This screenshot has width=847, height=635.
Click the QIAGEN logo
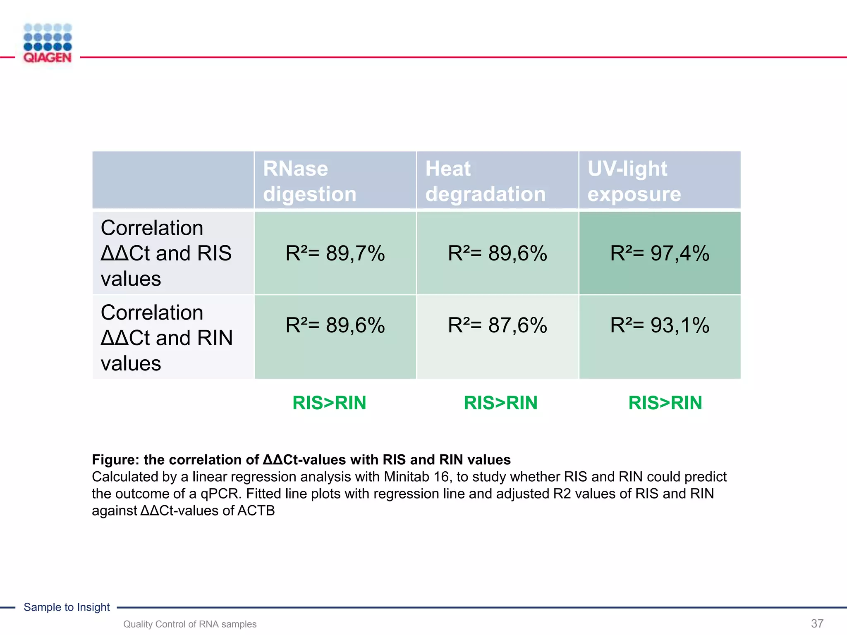click(48, 43)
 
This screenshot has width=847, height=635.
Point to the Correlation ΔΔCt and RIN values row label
click(166, 337)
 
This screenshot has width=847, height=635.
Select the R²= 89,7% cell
click(335, 253)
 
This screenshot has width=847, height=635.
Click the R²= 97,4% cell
click(660, 253)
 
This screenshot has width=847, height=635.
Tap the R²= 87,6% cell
click(498, 325)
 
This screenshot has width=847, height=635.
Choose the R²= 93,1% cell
click(660, 325)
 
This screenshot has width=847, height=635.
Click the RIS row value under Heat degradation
click(498, 253)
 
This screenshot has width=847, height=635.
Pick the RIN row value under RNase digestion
click(335, 325)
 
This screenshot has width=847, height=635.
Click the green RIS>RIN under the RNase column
click(329, 403)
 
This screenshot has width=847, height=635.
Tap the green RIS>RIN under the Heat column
click(500, 403)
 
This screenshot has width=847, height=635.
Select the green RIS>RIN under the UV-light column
click(665, 403)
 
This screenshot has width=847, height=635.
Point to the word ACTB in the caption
click(256, 511)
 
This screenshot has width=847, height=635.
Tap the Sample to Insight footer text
click(67, 607)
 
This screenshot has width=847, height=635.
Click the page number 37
click(817, 623)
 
